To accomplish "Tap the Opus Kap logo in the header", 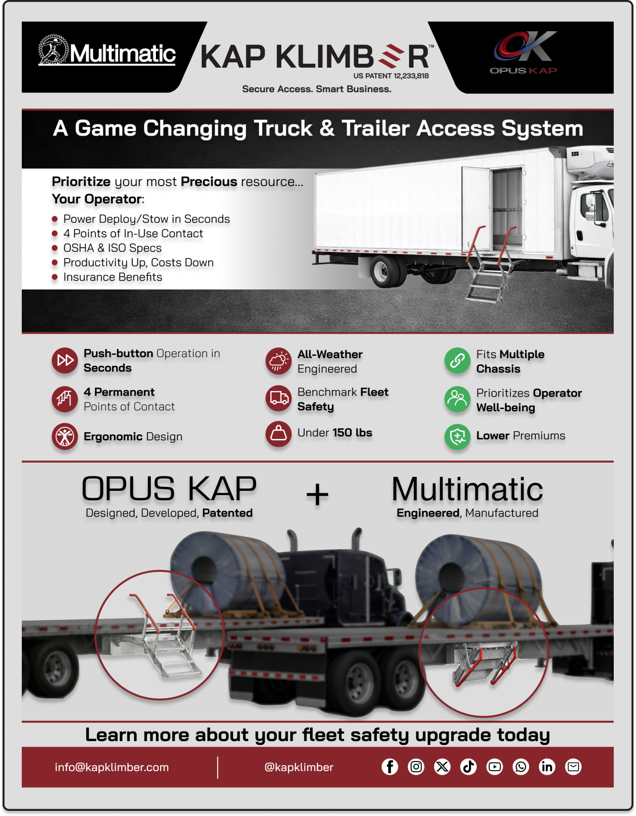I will coord(523,53).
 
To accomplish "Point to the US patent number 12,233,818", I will coord(391,76).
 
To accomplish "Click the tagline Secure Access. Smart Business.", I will coord(317,89).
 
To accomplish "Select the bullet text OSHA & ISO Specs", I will coord(112,248).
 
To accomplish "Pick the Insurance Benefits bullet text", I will coord(113,277).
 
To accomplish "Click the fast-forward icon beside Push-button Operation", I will coord(65,360).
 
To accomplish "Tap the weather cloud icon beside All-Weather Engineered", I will coord(278,361).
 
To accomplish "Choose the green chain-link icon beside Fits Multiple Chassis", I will coord(457,361).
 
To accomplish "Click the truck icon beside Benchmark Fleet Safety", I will coord(278,398).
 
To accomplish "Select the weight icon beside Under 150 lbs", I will coord(278,434).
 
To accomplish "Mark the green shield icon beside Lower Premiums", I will coord(457,437).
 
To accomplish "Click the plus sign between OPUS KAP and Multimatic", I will coord(317,495).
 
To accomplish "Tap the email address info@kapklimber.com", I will coord(112,767).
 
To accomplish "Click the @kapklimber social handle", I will coord(299,767).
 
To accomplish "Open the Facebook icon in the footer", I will coord(390,767).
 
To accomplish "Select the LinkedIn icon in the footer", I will coord(547,767).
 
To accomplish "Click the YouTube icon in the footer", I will coord(495,767).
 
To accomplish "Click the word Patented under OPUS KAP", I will coord(227,513).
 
